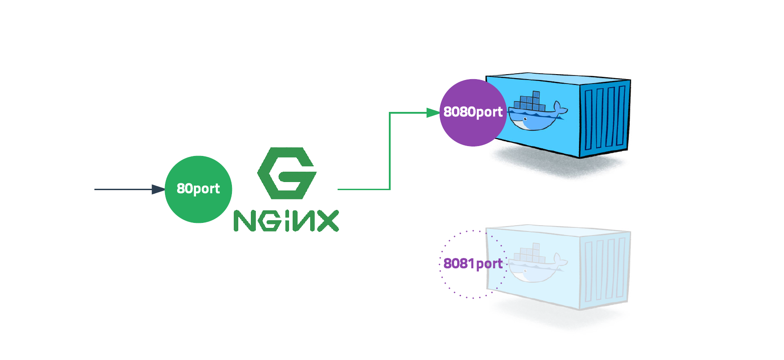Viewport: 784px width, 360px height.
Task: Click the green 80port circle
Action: [198, 189]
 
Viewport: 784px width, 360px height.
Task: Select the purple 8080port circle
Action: [473, 112]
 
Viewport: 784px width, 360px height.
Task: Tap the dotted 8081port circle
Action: [473, 264]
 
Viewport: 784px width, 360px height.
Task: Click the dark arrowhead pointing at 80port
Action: [158, 189]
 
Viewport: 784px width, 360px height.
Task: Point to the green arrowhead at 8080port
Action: [433, 113]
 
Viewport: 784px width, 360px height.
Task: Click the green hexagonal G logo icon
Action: [287, 173]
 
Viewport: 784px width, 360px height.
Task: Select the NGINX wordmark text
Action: [286, 221]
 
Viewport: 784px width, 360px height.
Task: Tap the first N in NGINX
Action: [245, 221]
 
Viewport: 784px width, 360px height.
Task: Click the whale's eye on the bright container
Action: [525, 119]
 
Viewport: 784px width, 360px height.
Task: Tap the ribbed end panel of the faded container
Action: [605, 270]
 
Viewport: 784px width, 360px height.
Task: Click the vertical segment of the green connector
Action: [390, 151]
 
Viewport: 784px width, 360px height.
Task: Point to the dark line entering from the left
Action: [121, 189]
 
